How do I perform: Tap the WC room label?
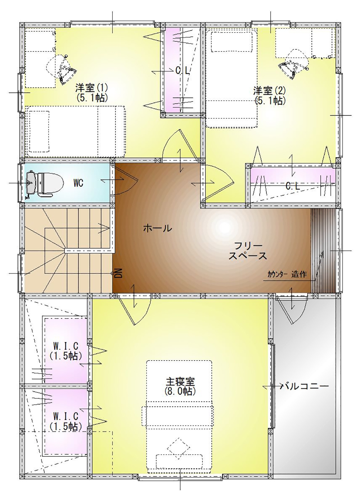point(78,183)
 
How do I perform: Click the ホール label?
point(158,229)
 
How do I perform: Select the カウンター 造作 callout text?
point(287,274)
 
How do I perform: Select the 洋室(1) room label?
point(91,87)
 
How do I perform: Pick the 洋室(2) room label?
point(270,91)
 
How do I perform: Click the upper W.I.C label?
point(66,347)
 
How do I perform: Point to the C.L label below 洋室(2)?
point(293,186)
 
